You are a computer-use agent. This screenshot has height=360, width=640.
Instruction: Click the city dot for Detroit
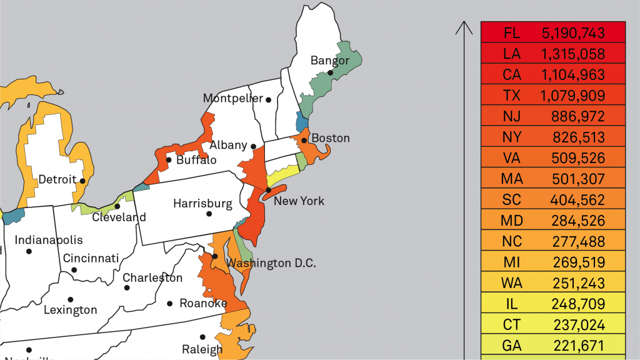pos(82,181)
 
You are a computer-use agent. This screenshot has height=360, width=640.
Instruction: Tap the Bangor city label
pos(329,61)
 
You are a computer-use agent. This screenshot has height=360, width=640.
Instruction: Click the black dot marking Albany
pos(253,146)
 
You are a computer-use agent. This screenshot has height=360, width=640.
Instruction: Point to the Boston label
pos(330,137)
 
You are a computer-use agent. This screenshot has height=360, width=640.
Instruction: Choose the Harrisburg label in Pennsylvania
pos(202,203)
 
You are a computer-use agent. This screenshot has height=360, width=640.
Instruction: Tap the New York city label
pos(299,201)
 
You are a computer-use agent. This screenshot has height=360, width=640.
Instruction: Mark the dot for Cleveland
pos(117,206)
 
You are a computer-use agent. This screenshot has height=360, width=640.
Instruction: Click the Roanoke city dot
pos(169,304)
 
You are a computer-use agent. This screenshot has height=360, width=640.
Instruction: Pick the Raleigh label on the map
pos(202,349)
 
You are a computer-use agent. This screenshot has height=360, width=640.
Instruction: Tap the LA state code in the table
pos(511,53)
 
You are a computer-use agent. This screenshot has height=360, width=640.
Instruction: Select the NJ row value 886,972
pos(578,116)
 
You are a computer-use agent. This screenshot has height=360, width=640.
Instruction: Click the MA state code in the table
pos(511,179)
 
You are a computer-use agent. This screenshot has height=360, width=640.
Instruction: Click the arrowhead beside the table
pos(464,26)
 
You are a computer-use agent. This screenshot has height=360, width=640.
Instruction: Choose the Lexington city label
pos(70,309)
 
